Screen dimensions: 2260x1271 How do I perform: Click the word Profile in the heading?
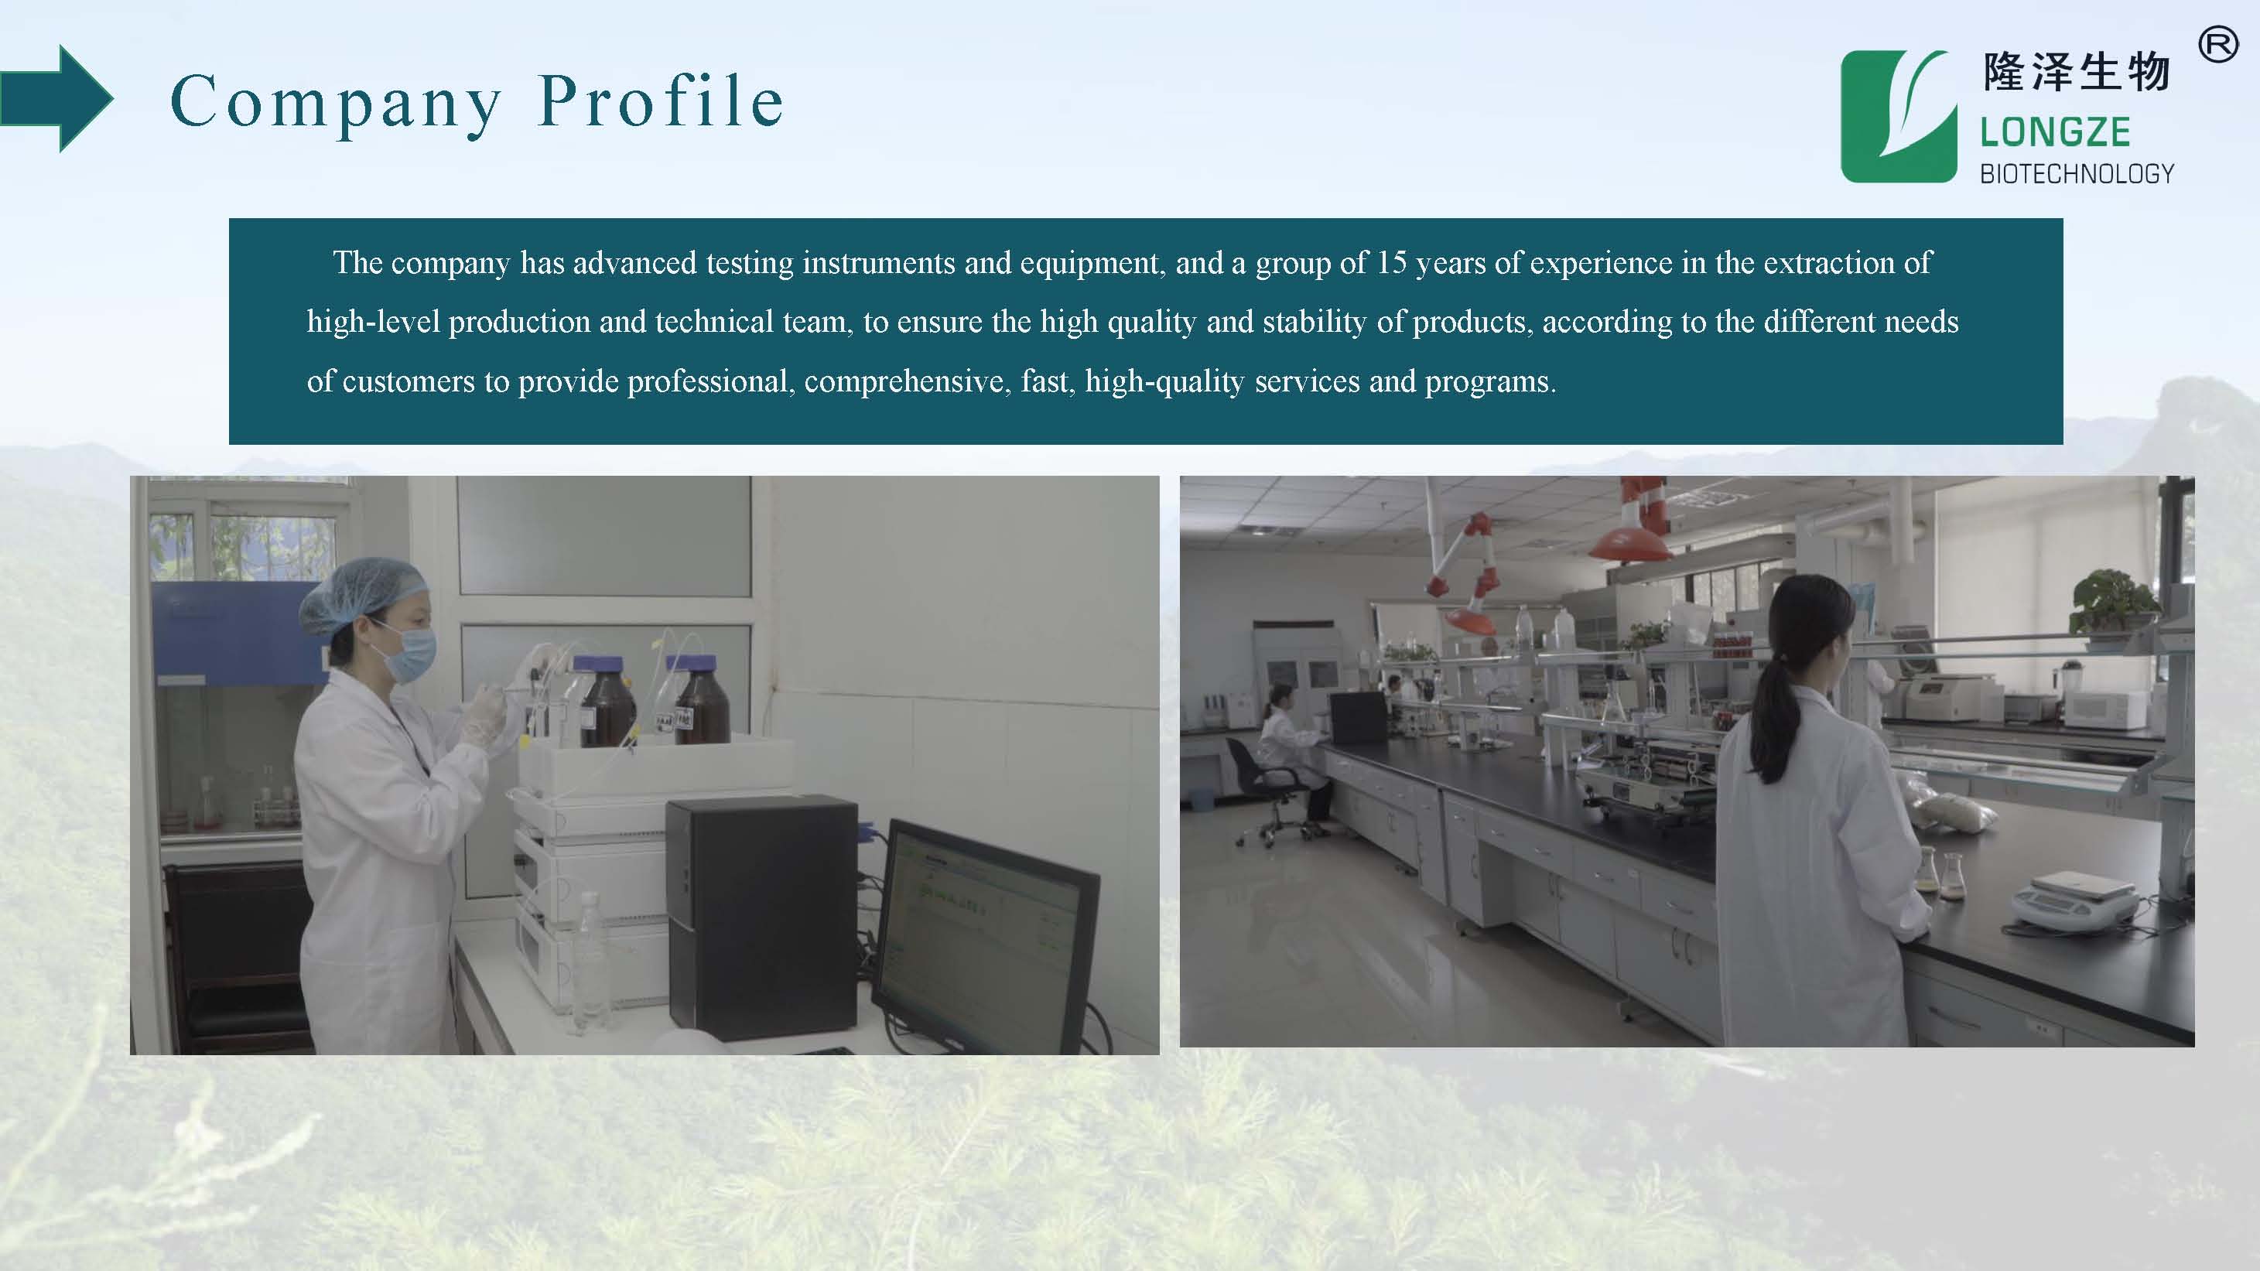661,101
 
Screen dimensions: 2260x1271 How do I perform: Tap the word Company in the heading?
335,105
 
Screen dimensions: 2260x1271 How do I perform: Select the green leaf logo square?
1899,117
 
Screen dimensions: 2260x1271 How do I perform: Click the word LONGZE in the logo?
2055,132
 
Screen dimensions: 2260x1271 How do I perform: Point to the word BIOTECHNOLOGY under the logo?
2077,174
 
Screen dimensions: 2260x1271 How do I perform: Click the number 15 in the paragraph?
1390,262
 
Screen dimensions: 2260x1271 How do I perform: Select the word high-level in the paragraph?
373,322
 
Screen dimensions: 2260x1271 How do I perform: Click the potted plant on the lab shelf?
2115,601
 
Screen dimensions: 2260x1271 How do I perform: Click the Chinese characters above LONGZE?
2077,72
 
